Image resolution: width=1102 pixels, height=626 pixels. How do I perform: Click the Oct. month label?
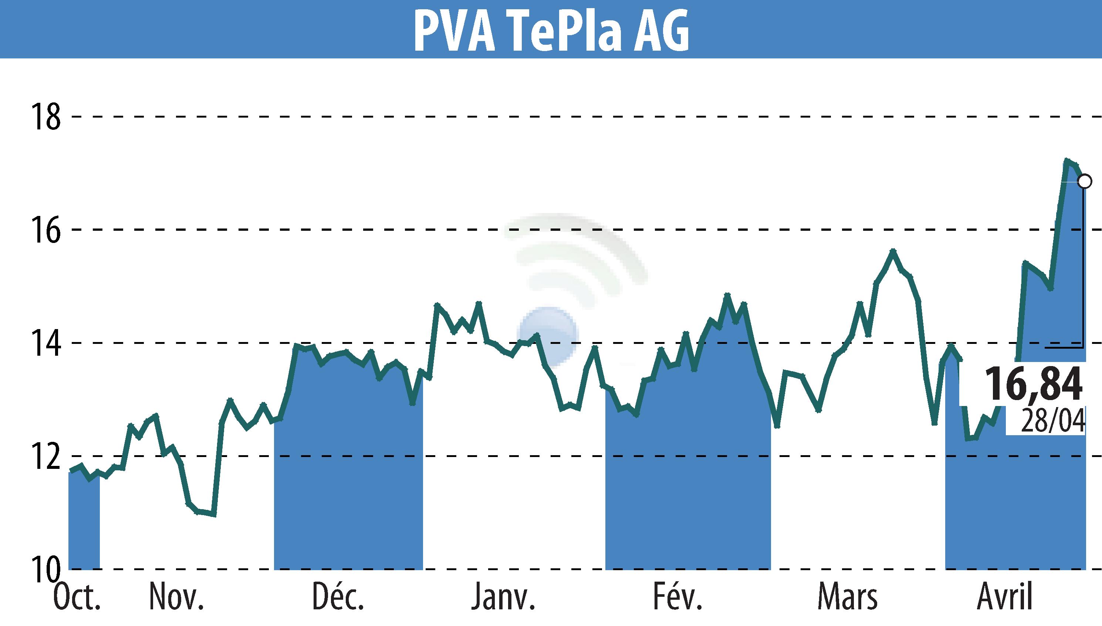pos(77,597)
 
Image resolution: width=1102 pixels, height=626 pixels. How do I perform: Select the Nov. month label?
pos(176,597)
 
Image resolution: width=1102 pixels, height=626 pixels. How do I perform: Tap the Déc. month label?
pos(338,597)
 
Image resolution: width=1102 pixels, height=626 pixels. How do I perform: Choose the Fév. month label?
pos(677,597)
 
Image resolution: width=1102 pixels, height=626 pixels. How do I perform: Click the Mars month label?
pos(847,597)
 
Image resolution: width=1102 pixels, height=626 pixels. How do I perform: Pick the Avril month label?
pos(1005,597)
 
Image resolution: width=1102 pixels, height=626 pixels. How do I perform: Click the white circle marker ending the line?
pos(1085,182)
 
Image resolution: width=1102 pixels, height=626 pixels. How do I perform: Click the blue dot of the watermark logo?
pos(548,335)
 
